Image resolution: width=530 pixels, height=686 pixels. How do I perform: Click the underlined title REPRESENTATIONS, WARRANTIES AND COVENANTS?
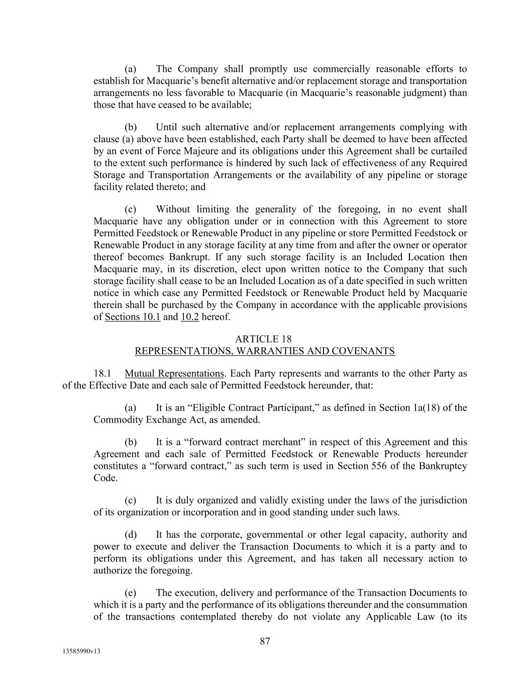(x=265, y=351)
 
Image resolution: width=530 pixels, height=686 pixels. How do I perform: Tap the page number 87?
(x=265, y=641)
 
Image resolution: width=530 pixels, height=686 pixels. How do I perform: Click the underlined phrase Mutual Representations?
(x=174, y=374)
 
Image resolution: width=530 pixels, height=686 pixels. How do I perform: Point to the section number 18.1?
(x=102, y=374)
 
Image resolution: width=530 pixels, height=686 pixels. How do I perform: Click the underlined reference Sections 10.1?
(x=133, y=317)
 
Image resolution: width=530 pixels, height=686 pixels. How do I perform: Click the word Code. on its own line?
(x=105, y=478)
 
